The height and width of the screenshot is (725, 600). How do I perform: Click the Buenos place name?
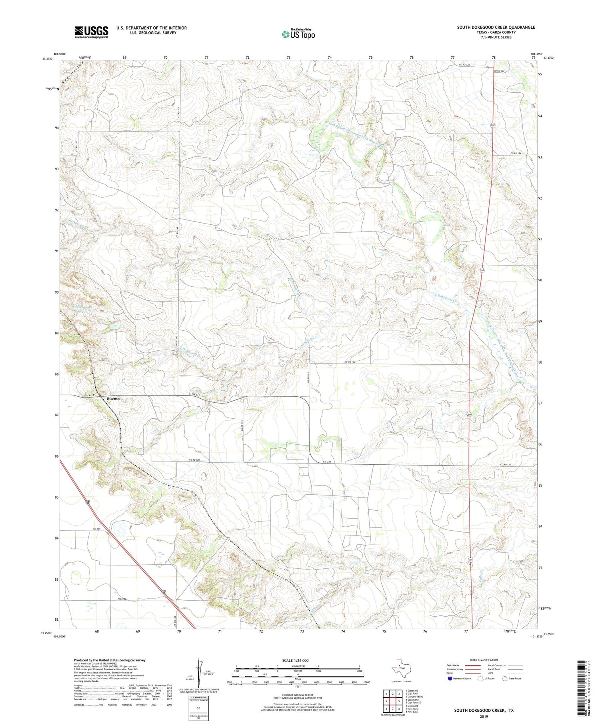click(x=114, y=399)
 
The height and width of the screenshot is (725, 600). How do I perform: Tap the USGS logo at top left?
click(x=91, y=32)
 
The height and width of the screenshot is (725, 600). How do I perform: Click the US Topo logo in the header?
click(x=298, y=34)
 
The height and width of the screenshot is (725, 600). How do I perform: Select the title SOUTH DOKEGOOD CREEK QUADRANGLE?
click(x=496, y=27)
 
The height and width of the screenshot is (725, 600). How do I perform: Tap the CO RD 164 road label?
click(x=350, y=362)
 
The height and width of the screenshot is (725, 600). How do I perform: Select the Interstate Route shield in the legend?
click(x=450, y=679)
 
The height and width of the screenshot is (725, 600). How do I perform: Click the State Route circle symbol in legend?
click(x=505, y=679)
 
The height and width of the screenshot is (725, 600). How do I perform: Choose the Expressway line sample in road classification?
click(x=475, y=666)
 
